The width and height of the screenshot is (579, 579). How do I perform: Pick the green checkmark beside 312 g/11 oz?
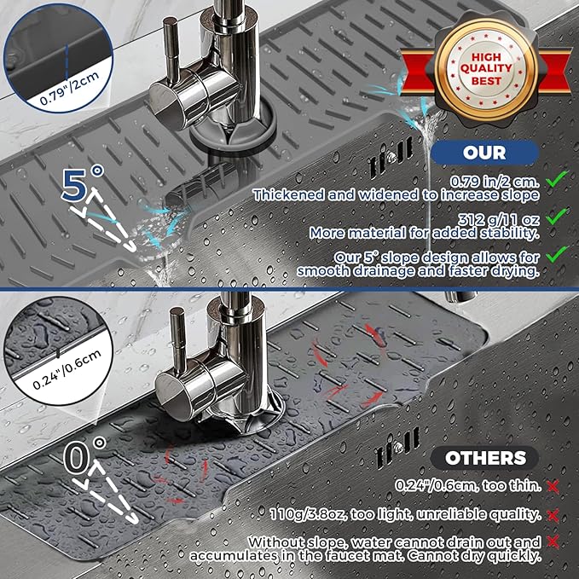pyautogui.click(x=558, y=217)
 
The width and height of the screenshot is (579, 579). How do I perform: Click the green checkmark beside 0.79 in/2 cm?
pyautogui.click(x=558, y=179)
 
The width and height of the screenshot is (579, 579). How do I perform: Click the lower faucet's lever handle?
pyautogui.click(x=177, y=341)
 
